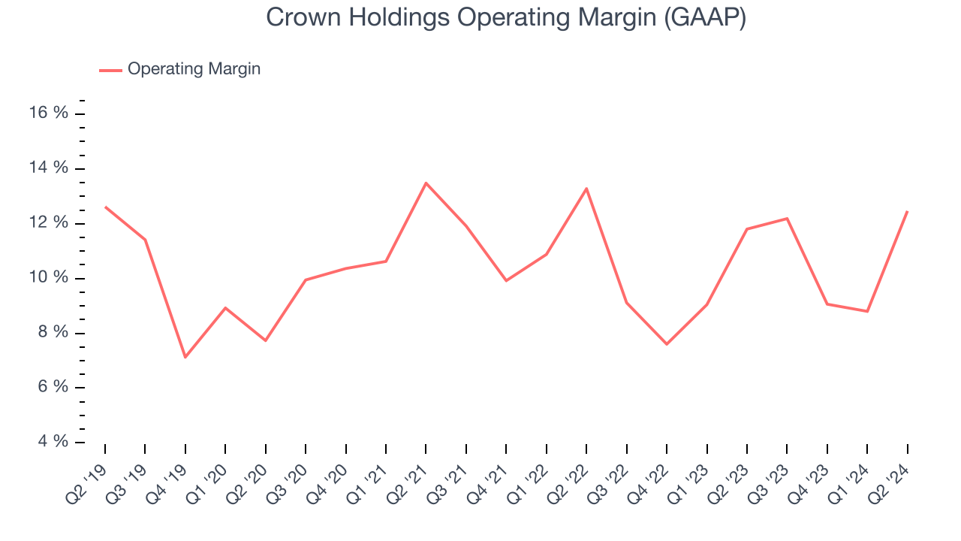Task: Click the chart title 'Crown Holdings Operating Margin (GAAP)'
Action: click(506, 18)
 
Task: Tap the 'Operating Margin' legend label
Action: click(194, 69)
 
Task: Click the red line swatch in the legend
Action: click(110, 70)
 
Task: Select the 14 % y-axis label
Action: click(50, 168)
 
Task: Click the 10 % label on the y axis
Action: click(50, 278)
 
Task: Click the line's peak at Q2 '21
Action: click(426, 183)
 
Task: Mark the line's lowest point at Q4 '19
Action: click(185, 357)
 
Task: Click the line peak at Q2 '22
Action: click(586, 189)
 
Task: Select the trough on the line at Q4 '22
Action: click(667, 344)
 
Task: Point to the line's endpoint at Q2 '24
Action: click(908, 211)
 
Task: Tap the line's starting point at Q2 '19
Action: click(105, 207)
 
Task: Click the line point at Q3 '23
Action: click(787, 219)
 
